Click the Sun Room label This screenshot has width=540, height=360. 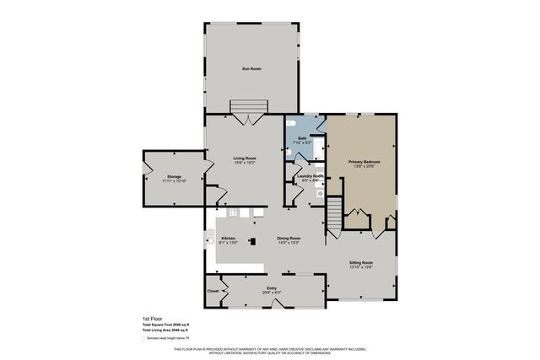click(x=251, y=67)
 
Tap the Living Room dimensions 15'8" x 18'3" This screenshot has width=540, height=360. click(x=245, y=163)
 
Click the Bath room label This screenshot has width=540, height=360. click(x=300, y=137)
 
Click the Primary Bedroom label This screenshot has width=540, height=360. click(x=364, y=161)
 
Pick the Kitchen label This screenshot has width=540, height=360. click(x=228, y=238)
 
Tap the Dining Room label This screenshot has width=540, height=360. click(x=289, y=238)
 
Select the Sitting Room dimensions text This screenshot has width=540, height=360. click(x=361, y=266)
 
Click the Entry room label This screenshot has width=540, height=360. click(x=272, y=287)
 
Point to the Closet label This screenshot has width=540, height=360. click(x=213, y=291)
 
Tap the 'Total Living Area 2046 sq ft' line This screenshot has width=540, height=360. click(x=165, y=330)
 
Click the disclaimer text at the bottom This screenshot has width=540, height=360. click(x=270, y=350)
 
